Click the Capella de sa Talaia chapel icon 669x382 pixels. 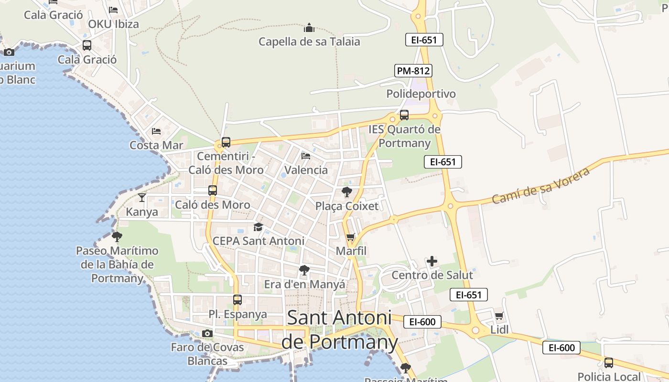(309, 28)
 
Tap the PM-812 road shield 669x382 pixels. (413, 71)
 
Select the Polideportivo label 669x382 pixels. (421, 94)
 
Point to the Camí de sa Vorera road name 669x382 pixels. (540, 185)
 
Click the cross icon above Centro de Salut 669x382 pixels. (432, 261)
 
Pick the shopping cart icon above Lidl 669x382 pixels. (499, 316)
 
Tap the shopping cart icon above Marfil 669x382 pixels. (351, 237)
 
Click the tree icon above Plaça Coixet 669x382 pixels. (347, 192)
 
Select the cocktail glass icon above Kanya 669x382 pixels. (142, 197)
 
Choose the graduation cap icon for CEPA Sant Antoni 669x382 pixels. (259, 227)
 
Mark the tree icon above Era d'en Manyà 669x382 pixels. (304, 270)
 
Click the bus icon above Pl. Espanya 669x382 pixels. (237, 300)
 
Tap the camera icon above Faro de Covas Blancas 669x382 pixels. (207, 333)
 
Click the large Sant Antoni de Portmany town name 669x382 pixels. (339, 329)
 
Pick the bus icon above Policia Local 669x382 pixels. (609, 362)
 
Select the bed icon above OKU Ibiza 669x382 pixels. (113, 10)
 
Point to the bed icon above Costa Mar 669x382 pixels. (156, 131)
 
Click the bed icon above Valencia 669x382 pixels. (306, 156)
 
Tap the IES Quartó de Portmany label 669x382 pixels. (404, 136)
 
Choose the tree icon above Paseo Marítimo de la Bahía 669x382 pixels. (117, 236)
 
